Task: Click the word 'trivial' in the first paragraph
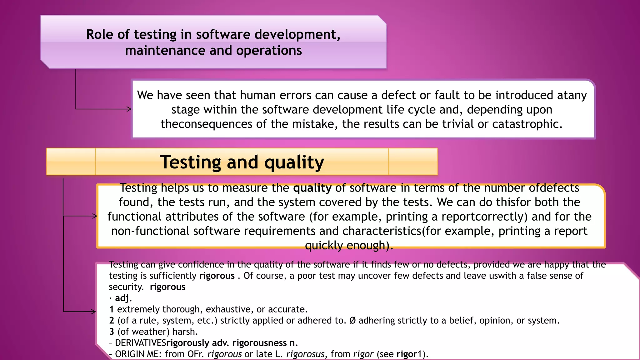click(x=464, y=124)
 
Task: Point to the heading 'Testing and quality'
click(x=242, y=162)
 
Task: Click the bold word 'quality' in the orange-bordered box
click(x=312, y=188)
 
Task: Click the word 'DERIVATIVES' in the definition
click(x=140, y=343)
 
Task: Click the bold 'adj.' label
click(x=123, y=298)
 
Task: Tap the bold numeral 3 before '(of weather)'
click(x=112, y=332)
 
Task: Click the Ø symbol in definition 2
click(x=352, y=320)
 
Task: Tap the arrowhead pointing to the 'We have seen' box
click(x=129, y=109)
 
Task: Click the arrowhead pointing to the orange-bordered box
click(x=95, y=216)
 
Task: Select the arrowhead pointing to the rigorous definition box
click(x=93, y=312)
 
